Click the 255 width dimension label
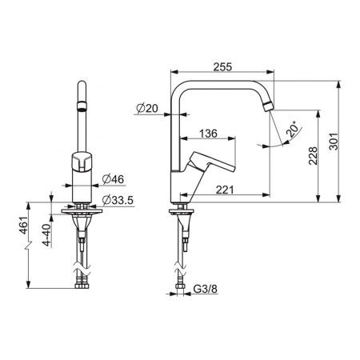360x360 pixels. point(222,66)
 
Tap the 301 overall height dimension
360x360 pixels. point(334,142)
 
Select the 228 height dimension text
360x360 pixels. point(313,156)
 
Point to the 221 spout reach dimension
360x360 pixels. point(225,190)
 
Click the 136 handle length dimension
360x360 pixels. point(208,134)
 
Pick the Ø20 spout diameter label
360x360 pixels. point(147,108)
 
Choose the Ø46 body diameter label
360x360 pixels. point(113,179)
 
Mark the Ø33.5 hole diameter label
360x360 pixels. point(118,200)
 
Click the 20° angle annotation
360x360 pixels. point(291,129)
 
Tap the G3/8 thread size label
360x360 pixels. point(206,289)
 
